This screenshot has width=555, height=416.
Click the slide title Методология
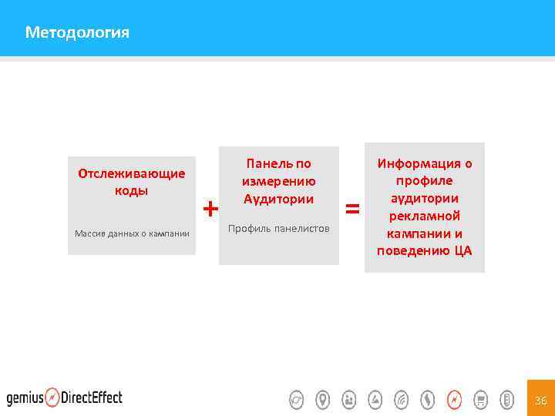pyautogui.click(x=77, y=32)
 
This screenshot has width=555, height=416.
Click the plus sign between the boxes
pyautogui.click(x=210, y=208)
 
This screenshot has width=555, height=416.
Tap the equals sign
pyautogui.click(x=352, y=208)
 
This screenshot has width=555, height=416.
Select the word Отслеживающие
pyautogui.click(x=132, y=173)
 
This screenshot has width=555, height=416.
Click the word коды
pyautogui.click(x=132, y=190)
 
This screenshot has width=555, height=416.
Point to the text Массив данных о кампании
pyautogui.click(x=132, y=233)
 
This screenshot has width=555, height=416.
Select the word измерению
pyautogui.click(x=278, y=181)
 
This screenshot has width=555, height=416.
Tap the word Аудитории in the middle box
pyautogui.click(x=278, y=199)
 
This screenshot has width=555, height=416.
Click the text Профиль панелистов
pyautogui.click(x=278, y=229)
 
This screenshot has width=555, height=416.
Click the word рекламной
pyautogui.click(x=424, y=216)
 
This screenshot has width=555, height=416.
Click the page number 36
pyautogui.click(x=540, y=400)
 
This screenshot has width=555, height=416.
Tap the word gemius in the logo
pyautogui.click(x=25, y=398)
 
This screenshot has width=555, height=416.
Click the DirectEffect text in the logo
pyautogui.click(x=92, y=398)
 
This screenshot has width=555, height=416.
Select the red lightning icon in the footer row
pyautogui.click(x=454, y=400)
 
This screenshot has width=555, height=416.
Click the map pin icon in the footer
pyautogui.click(x=323, y=400)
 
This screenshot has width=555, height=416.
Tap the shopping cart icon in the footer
pyautogui.click(x=480, y=400)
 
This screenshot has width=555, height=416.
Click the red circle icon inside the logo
pyautogui.click(x=52, y=398)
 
